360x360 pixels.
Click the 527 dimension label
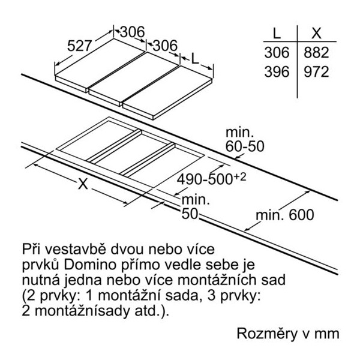(80, 46)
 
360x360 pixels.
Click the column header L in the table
(277, 34)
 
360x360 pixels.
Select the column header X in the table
(316, 34)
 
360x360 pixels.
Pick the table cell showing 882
(316, 53)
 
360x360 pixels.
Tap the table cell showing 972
(316, 72)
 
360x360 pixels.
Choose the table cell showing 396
(277, 72)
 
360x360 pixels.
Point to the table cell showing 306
(277, 53)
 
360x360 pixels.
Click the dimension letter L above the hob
(194, 59)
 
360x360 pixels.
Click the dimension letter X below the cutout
(83, 184)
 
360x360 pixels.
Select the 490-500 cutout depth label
(205, 179)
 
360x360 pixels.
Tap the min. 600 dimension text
(284, 215)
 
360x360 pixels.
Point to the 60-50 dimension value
(245, 146)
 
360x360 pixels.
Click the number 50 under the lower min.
(190, 214)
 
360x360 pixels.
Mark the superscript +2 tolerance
(240, 177)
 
